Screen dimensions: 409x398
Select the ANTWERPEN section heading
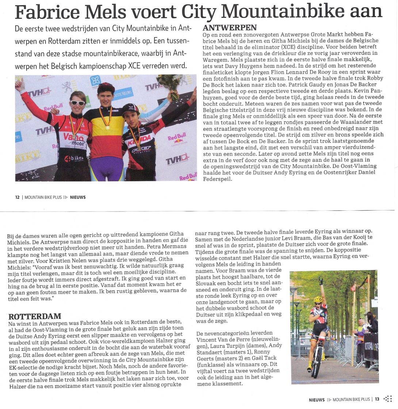pos(230,28)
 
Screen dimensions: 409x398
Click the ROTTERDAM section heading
pos(35,316)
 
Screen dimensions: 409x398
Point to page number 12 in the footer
pos(17,197)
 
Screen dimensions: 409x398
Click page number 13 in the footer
pos(377,400)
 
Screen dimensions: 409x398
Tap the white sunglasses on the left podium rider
pos(77,103)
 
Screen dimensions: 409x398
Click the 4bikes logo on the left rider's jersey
pos(74,158)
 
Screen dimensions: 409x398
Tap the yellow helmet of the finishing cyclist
pos(318,299)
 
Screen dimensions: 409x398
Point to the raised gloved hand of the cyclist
pos(321,280)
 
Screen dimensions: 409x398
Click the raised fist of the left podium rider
pos(20,83)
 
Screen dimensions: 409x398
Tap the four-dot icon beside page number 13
pos(388,399)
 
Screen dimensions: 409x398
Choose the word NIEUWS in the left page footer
pos(78,197)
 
